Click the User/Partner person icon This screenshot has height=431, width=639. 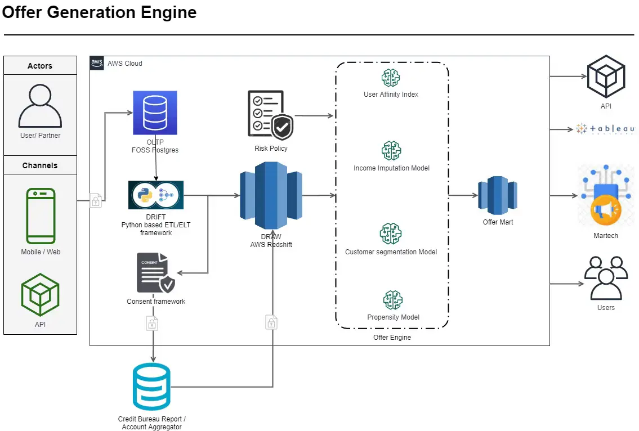pyautogui.click(x=40, y=106)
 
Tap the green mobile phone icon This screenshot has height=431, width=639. pyautogui.click(x=41, y=216)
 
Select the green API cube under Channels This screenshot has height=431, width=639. pyautogui.click(x=40, y=295)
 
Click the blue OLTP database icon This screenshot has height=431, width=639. pyautogui.click(x=155, y=113)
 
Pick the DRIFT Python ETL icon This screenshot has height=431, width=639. pyautogui.click(x=156, y=195)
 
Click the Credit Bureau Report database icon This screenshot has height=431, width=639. pyautogui.click(x=151, y=387)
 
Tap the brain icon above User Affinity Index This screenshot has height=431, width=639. pyautogui.click(x=391, y=77)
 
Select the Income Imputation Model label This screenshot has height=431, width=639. pyautogui.click(x=391, y=168)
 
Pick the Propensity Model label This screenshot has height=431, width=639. pyautogui.click(x=393, y=317)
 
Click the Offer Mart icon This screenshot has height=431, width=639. pyautogui.click(x=498, y=195)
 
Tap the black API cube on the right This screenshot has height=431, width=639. pyautogui.click(x=606, y=77)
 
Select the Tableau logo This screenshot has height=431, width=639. pyautogui.click(x=605, y=129)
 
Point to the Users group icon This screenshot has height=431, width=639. pyautogui.click(x=606, y=278)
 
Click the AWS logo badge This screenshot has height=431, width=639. pyautogui.click(x=97, y=63)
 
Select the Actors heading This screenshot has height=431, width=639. pyautogui.click(x=40, y=66)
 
